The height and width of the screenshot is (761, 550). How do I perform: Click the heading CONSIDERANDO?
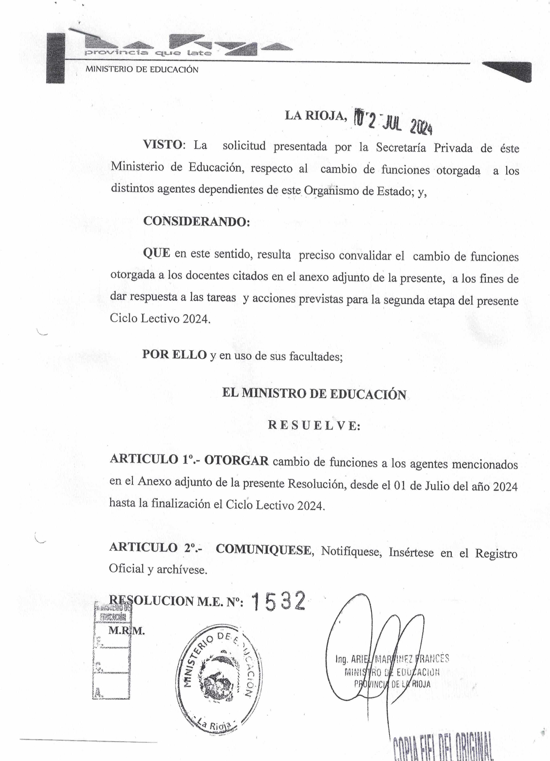[x=196, y=221]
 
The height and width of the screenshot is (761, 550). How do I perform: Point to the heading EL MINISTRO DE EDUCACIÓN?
[x=314, y=394]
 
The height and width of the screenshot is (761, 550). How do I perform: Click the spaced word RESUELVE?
[x=314, y=425]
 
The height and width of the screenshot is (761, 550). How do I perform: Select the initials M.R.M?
[x=126, y=631]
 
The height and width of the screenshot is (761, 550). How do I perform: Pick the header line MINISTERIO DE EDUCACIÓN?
[x=142, y=70]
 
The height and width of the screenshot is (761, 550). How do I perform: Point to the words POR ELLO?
[x=174, y=354]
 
